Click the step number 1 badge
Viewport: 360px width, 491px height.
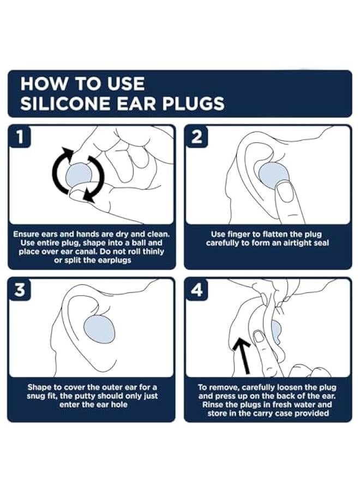pyautogui.click(x=20, y=136)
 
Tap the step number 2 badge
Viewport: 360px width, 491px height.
pyautogui.click(x=196, y=136)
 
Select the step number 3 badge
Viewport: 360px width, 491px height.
pyautogui.click(x=20, y=290)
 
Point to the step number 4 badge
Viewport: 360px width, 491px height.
pyautogui.click(x=196, y=290)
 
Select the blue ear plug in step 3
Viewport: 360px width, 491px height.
pyautogui.click(x=100, y=329)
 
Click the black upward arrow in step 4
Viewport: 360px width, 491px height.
pyautogui.click(x=243, y=354)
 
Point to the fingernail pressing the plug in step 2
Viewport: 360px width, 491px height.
pyautogui.click(x=285, y=196)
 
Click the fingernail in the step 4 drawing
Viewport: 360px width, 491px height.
pyautogui.click(x=259, y=337)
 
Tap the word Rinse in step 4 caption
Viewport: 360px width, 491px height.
pyautogui.click(x=213, y=405)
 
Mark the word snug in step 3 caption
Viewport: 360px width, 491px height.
pyautogui.click(x=36, y=397)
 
